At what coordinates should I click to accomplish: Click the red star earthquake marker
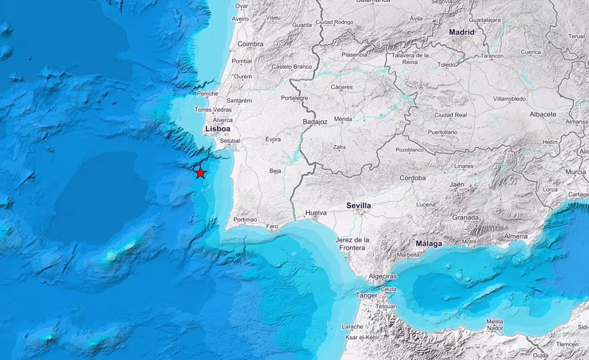point(201,172)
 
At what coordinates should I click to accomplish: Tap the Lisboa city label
point(216,128)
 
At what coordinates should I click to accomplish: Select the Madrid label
point(462,32)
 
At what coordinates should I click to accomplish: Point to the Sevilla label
point(359,206)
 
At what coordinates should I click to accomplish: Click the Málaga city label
point(428,244)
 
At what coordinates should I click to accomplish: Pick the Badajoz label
point(315,122)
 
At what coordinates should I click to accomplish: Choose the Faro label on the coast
point(273,226)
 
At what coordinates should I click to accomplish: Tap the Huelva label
point(316,212)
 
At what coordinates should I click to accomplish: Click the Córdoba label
point(413,178)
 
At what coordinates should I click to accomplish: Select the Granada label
point(465,217)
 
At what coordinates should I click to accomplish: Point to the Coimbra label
point(250,44)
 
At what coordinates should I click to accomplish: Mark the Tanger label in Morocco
point(366,295)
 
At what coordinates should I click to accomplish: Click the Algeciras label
point(382,276)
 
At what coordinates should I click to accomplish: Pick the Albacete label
point(543,114)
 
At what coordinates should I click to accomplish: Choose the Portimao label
point(245,219)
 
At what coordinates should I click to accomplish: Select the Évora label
point(273,139)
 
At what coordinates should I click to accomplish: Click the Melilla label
point(495,321)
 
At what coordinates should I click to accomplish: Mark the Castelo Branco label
point(292,67)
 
